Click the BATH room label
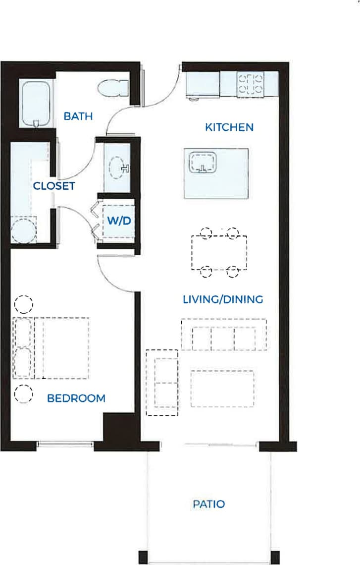click(x=78, y=116)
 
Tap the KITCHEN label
click(x=229, y=127)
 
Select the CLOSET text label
click(x=54, y=186)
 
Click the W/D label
click(x=119, y=221)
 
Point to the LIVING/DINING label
click(x=223, y=299)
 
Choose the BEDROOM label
click(x=76, y=398)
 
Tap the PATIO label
click(x=208, y=505)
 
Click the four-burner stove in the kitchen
click(x=251, y=84)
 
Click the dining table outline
click(x=219, y=253)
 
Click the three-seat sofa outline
click(x=224, y=335)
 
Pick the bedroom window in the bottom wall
click(x=65, y=445)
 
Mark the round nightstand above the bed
click(x=23, y=303)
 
